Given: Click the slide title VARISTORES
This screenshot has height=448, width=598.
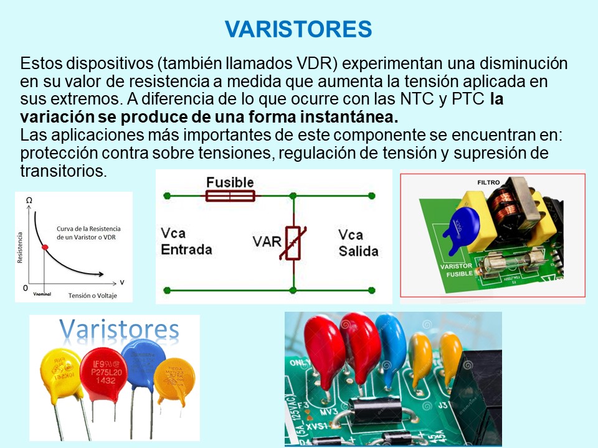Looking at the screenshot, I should click(298, 29).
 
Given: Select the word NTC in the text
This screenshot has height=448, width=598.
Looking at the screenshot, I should click(410, 99).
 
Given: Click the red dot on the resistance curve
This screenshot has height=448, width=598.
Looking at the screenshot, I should click(44, 248).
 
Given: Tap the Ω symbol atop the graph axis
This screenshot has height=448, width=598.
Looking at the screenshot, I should click(29, 200).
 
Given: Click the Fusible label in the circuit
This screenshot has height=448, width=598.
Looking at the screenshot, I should click(230, 182).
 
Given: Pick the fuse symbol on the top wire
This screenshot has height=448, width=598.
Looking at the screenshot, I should click(230, 196).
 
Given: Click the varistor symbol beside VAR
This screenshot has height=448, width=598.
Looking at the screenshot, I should click(293, 242).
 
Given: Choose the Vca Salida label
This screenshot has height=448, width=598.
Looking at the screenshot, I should click(358, 243).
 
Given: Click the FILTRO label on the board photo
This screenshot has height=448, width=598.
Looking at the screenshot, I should click(489, 182).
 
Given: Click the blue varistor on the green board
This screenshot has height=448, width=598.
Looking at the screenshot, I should click(464, 225).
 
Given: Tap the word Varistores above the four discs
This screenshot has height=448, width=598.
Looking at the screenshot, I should click(118, 329).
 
